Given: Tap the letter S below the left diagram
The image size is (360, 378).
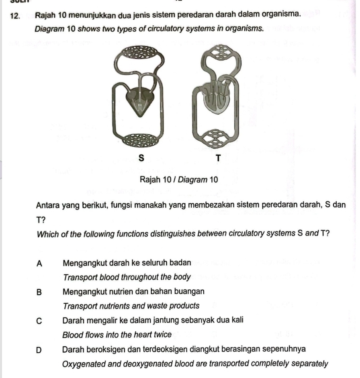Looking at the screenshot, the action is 141,158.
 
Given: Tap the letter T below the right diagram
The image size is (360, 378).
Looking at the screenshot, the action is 218,158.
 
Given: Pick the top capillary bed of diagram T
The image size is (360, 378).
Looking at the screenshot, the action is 221,52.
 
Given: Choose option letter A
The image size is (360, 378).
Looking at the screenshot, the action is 39,264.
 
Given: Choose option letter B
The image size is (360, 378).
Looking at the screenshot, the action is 39,292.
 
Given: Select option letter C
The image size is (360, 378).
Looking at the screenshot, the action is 39,321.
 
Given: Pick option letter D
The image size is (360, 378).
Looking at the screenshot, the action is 39,350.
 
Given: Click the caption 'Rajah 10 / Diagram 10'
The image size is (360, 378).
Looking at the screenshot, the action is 179,180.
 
